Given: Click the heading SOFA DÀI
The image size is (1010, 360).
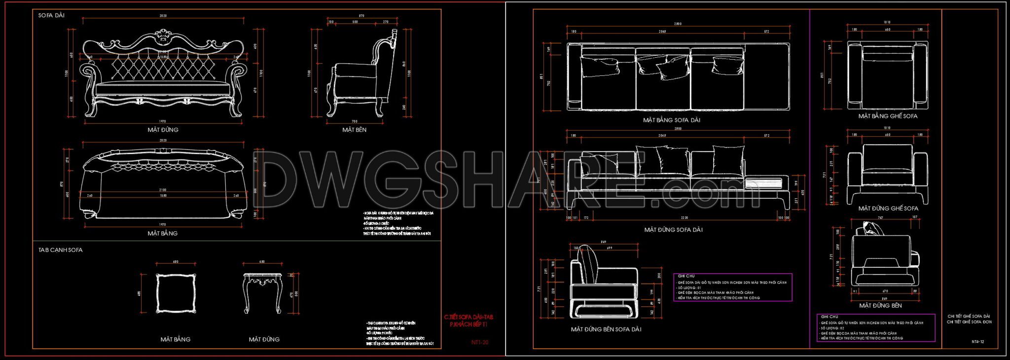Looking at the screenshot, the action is pyautogui.click(x=51, y=16).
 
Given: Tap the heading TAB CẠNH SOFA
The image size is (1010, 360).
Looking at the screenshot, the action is pyautogui.click(x=60, y=250).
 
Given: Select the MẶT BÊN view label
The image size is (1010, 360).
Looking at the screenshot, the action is pyautogui.click(x=354, y=130).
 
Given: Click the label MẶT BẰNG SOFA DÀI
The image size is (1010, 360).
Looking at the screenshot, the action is pyautogui.click(x=671, y=120).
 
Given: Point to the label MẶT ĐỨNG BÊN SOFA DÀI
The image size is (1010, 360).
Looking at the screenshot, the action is pyautogui.click(x=606, y=329).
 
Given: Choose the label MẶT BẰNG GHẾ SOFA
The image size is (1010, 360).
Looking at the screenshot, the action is pyautogui.click(x=888, y=116).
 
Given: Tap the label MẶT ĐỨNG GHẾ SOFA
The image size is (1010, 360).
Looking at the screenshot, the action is pyautogui.click(x=888, y=209).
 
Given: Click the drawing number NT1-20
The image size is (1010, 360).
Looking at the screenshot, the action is pyautogui.click(x=479, y=342).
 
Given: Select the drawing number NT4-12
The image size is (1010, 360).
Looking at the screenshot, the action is pyautogui.click(x=977, y=341).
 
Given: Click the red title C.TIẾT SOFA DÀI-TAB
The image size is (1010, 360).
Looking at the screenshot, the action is pyautogui.click(x=468, y=317).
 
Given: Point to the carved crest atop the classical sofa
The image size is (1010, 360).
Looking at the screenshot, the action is pyautogui.click(x=162, y=35).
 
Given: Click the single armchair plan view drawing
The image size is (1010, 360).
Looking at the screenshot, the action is pyautogui.click(x=887, y=75).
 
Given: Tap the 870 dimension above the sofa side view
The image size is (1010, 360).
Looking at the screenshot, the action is pyautogui.click(x=361, y=16).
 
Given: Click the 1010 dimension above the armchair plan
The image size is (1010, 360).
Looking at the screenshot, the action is pyautogui.click(x=887, y=22).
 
